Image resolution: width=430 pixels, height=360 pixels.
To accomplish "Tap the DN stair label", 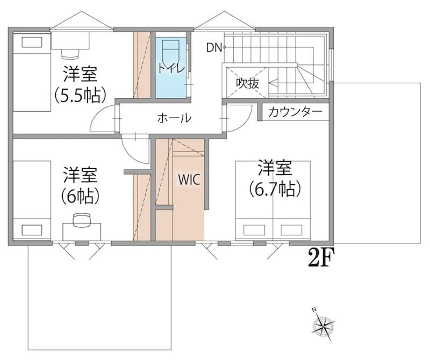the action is [x=214, y=48].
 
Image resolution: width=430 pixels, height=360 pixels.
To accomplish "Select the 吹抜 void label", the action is [x=248, y=83].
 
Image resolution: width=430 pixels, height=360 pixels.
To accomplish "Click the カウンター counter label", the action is [x=295, y=112].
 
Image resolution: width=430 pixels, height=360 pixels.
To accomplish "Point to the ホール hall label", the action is [x=174, y=118].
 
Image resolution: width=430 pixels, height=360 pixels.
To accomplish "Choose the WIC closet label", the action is [x=189, y=180].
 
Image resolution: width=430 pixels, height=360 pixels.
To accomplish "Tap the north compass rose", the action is [x=324, y=326].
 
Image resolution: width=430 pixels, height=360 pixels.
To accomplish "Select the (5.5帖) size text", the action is [x=80, y=95].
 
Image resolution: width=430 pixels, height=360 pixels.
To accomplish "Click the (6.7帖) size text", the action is [x=275, y=189].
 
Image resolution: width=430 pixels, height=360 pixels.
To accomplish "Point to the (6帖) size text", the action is [x=80, y=196].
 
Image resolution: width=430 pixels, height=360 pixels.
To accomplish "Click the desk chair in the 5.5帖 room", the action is [x=70, y=54].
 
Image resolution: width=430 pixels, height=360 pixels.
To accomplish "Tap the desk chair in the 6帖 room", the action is [x=82, y=220].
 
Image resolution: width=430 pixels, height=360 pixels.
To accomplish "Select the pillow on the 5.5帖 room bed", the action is [x=32, y=42].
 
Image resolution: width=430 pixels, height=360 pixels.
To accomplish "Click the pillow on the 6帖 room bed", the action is [x=32, y=230].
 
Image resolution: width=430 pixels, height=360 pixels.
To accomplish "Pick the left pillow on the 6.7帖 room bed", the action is [x=254, y=230].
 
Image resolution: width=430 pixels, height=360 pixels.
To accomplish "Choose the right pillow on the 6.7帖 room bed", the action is [x=291, y=230].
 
